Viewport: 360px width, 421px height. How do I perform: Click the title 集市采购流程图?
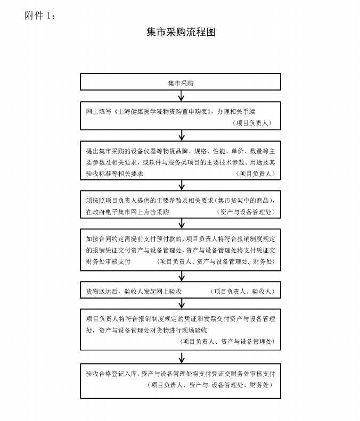pyautogui.click(x=181, y=32)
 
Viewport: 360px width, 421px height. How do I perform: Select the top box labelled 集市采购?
pyautogui.click(x=181, y=81)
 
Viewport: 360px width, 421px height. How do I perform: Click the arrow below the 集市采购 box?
pyautogui.click(x=182, y=96)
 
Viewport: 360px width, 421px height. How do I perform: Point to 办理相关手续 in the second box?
pyautogui.click(x=236, y=111)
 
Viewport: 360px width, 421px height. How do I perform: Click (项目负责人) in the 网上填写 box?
pyautogui.click(x=252, y=123)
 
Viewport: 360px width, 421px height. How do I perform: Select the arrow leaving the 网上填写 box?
pyautogui.click(x=182, y=135)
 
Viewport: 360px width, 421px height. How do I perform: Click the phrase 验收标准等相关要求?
pyautogui.click(x=114, y=174)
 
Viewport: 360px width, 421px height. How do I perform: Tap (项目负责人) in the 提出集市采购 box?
pyautogui.click(x=255, y=174)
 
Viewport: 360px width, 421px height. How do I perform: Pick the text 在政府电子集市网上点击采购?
pyautogui.click(x=127, y=212)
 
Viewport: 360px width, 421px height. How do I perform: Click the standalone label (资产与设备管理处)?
pyautogui.click(x=246, y=212)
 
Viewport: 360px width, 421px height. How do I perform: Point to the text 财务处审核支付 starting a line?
pyautogui.click(x=108, y=261)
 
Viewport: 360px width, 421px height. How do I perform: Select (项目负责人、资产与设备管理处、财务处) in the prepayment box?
pyautogui.click(x=216, y=261)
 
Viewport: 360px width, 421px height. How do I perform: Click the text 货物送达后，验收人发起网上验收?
pyautogui.click(x=134, y=291)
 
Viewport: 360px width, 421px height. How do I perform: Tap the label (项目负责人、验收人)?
pyautogui.click(x=242, y=291)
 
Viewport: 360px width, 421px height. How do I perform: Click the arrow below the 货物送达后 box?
pyautogui.click(x=182, y=304)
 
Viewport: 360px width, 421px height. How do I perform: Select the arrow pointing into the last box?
pyautogui.click(x=182, y=357)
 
